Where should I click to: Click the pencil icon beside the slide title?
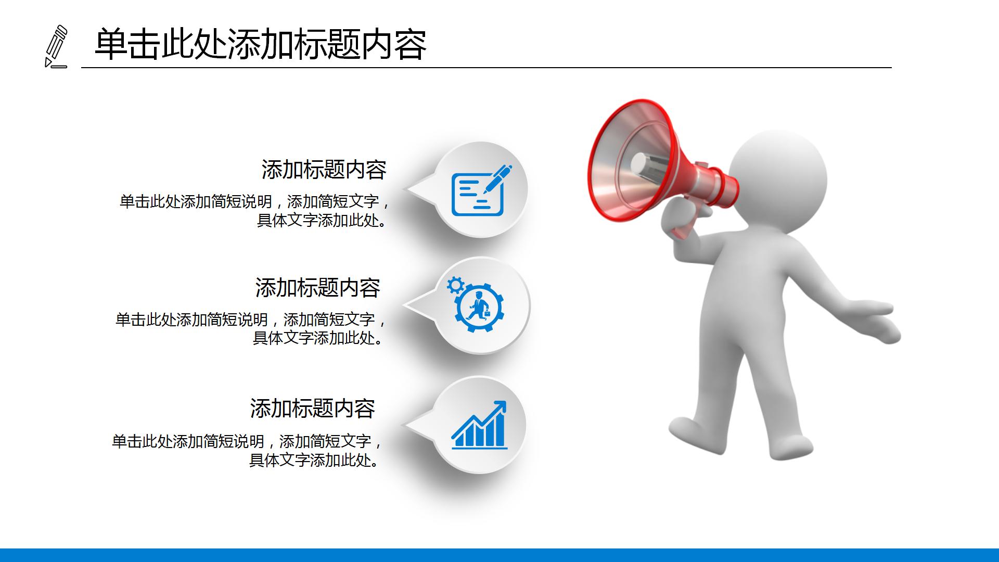[56, 46]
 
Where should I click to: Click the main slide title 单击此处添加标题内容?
[260, 44]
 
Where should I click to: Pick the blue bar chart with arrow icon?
[479, 425]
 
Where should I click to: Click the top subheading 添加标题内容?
[324, 170]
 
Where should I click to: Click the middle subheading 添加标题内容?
[317, 288]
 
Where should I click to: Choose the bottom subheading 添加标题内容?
[312, 408]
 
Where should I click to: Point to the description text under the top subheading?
[254, 211]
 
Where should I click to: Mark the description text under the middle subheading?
[250, 328]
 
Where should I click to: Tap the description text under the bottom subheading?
[247, 451]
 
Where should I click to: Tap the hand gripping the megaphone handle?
[682, 219]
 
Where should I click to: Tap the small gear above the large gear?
[456, 285]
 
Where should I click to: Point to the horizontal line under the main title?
[486, 68]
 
